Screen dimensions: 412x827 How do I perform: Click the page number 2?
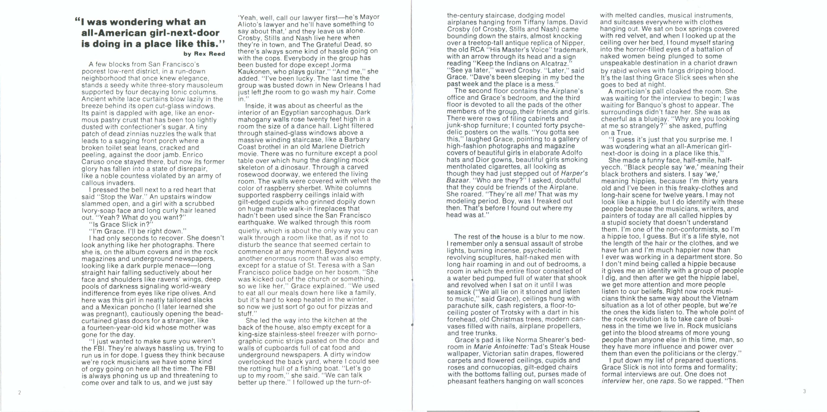(x=20, y=392)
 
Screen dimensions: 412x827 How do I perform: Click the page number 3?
(x=804, y=391)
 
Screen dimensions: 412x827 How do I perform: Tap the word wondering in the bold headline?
(x=140, y=22)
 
